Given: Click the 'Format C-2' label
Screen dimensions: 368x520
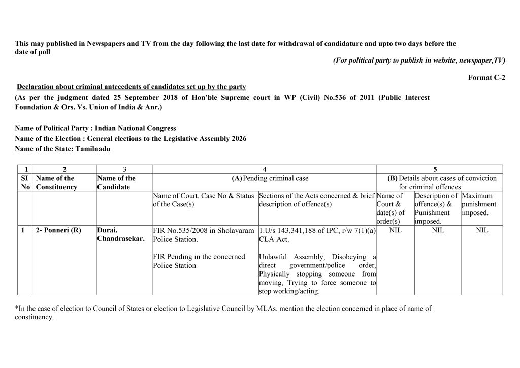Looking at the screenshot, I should click(486, 78).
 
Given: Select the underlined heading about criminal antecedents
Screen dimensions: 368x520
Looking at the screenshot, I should click(131, 86).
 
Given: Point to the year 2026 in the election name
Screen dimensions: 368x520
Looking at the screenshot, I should click(238, 138).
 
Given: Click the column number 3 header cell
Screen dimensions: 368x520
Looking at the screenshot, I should click(124, 169).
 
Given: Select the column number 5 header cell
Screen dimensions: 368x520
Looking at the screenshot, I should click(435, 169).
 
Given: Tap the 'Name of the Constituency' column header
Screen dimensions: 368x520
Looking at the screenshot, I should click(56, 182).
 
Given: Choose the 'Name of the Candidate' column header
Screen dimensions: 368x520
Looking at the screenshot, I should click(116, 182).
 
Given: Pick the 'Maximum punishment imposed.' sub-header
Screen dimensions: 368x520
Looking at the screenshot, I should click(479, 204).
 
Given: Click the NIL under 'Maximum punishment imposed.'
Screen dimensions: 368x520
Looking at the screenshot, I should click(482, 230).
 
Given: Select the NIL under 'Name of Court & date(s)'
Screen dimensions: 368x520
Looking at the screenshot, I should click(395, 230).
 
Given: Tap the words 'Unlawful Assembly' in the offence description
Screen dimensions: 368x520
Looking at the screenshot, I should click(288, 257).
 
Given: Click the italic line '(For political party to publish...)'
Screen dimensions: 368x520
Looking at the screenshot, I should click(419, 60).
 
